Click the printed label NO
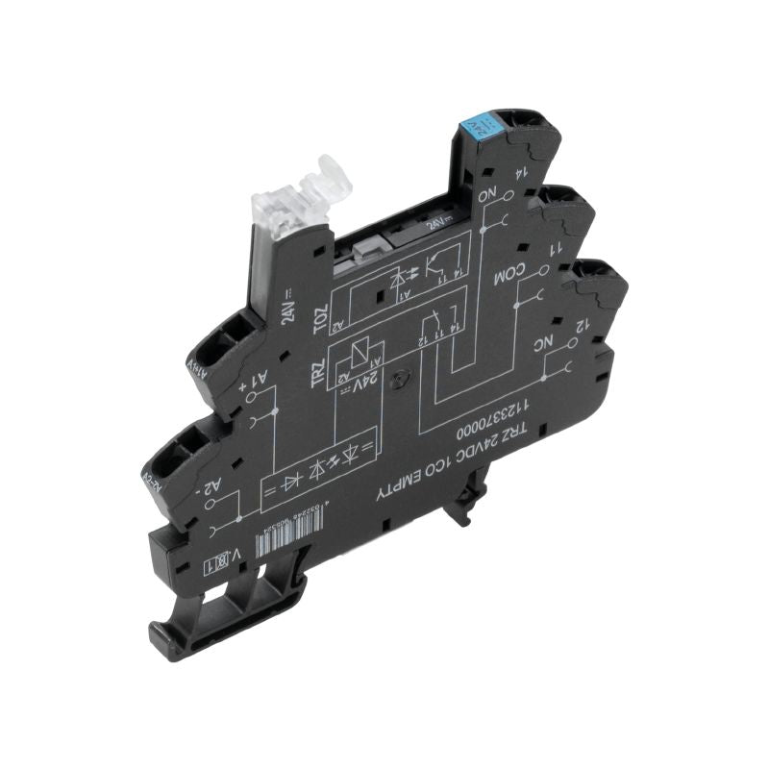click(x=493, y=199)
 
